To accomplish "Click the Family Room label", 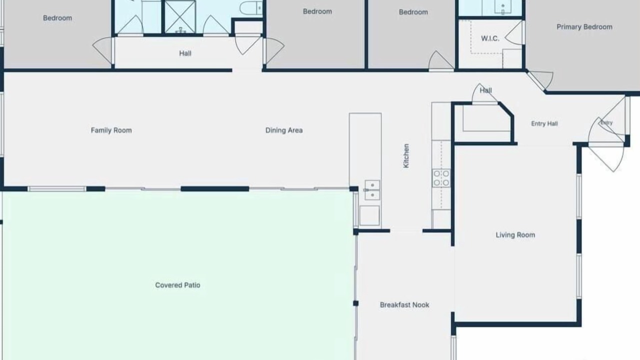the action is click(111, 130).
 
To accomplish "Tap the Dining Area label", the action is click(284, 130).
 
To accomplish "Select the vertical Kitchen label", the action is click(406, 155).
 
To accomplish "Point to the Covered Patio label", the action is click(177, 285).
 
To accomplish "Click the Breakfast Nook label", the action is click(404, 305).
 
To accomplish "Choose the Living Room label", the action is click(515, 235).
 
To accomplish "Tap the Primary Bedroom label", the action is click(584, 27).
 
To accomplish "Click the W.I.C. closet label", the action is click(490, 38).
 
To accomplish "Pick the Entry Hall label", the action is click(544, 123).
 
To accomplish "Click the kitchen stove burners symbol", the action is click(441, 178).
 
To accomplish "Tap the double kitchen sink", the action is click(372, 190).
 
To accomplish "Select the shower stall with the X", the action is click(180, 16).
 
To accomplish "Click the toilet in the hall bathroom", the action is click(251, 7).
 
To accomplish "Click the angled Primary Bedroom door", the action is click(539, 80).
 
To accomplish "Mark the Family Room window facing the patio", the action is click(56, 189).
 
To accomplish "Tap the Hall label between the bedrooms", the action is click(185, 53).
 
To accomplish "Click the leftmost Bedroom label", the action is click(57, 18).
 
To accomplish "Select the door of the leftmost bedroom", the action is click(103, 50).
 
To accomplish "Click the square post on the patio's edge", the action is click(355, 303).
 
